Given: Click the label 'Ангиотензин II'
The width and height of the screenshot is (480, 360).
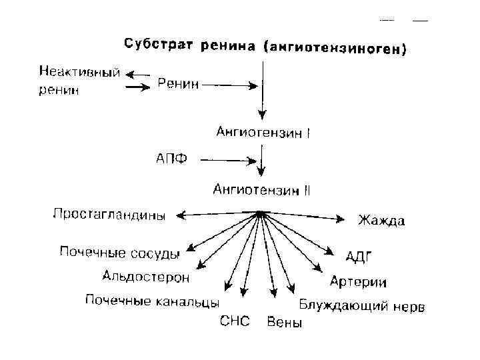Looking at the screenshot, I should coord(261,190).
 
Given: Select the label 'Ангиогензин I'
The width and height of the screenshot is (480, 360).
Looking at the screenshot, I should coord(263,132).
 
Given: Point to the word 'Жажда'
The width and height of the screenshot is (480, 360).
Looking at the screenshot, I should coord(381,220).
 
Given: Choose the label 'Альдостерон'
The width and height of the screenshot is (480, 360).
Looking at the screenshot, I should coord(145,276).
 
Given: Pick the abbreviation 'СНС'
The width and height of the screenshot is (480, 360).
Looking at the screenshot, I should coord(235,322).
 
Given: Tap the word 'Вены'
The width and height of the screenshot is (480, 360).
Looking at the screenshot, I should coord(284,323).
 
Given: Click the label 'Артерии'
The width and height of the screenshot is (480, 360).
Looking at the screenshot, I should coord(358,282).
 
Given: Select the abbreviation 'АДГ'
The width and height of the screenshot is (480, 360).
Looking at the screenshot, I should coord(359,256).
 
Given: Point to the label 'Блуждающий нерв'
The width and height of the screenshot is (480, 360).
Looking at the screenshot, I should coord(361,307).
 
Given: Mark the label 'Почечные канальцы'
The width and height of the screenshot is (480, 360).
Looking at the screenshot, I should coord(152,301).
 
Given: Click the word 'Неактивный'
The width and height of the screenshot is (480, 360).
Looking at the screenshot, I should coord(79,72).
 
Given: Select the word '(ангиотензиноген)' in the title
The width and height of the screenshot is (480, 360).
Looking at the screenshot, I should coord(335,48).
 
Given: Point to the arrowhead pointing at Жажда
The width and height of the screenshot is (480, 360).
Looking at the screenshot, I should coord(341,219).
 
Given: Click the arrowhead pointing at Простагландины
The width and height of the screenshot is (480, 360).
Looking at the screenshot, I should coord(181,215).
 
